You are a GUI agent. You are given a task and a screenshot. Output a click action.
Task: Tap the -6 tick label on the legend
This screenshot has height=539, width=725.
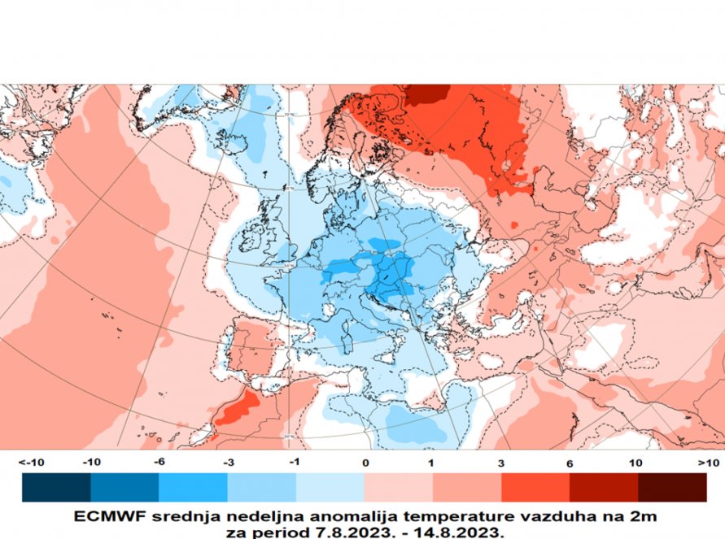point(159,462)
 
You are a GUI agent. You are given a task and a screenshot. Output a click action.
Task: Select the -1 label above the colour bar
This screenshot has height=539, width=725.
point(295,462)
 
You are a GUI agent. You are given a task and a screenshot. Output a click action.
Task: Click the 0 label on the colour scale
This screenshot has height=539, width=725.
point(365,462)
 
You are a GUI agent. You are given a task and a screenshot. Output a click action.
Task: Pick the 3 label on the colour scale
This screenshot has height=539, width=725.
point(500,462)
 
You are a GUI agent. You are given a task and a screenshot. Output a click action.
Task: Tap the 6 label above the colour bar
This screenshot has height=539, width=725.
point(570,462)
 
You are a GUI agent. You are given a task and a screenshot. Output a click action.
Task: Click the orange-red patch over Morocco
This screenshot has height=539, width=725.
point(236,409)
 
